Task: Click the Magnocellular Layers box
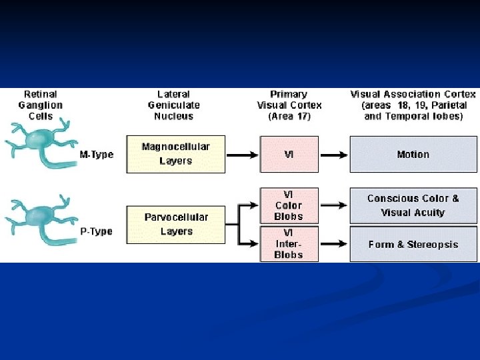pyautogui.click(x=175, y=154)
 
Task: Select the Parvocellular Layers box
pyautogui.click(x=175, y=225)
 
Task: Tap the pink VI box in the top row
pyautogui.click(x=289, y=154)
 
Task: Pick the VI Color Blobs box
pyautogui.click(x=289, y=205)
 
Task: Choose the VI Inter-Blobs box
pyautogui.click(x=289, y=243)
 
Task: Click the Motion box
pyautogui.click(x=413, y=154)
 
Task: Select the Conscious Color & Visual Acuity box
pyautogui.click(x=413, y=205)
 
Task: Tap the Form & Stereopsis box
pyautogui.click(x=413, y=244)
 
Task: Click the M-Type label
pyautogui.click(x=97, y=155)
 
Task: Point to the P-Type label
pyautogui.click(x=96, y=231)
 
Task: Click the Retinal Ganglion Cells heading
pyautogui.click(x=41, y=105)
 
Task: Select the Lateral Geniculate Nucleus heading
pyautogui.click(x=173, y=105)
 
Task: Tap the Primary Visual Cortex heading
pyautogui.click(x=289, y=105)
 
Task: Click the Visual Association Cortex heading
pyautogui.click(x=413, y=105)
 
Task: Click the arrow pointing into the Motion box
pyautogui.click(x=333, y=155)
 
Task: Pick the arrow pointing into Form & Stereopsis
pyautogui.click(x=333, y=244)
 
